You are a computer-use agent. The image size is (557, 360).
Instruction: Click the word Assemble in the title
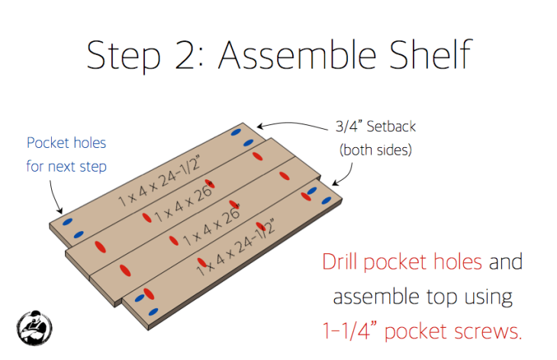pyautogui.click(x=298, y=55)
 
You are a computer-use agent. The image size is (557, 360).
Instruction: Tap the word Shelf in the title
pyautogui.click(x=431, y=54)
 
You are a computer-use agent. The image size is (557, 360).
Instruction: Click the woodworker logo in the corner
pyautogui.click(x=34, y=328)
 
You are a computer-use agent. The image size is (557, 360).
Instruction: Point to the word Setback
pyautogui.click(x=391, y=127)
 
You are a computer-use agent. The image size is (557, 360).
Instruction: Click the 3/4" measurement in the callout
pyautogui.click(x=349, y=127)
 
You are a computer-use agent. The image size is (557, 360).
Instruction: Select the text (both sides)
pyautogui.click(x=375, y=149)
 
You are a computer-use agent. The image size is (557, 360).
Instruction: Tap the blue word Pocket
pyautogui.click(x=49, y=143)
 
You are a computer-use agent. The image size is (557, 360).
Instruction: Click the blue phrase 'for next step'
pyautogui.click(x=66, y=166)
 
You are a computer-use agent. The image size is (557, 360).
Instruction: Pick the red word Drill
pyautogui.click(x=340, y=262)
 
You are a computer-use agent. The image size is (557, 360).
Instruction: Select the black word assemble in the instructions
pyautogui.click(x=376, y=297)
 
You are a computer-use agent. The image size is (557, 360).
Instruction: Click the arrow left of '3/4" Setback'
pyautogui.click(x=292, y=124)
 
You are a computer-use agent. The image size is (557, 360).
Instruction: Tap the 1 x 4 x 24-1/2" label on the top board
pyautogui.click(x=159, y=180)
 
